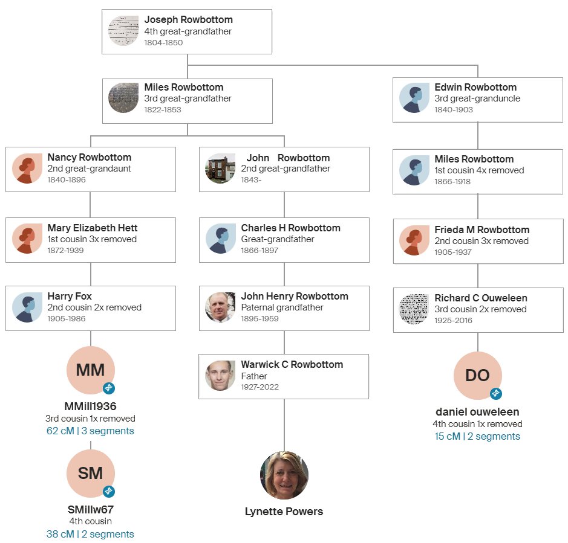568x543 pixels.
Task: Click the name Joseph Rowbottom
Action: point(188,20)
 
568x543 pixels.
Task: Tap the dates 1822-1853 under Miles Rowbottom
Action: point(162,110)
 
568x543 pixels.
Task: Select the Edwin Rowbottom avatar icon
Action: point(414,98)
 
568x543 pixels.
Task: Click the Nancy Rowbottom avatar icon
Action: point(27,169)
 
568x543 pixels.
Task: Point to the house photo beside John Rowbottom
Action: point(221,169)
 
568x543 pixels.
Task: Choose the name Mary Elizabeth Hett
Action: point(93,228)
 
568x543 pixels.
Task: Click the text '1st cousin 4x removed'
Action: point(479,170)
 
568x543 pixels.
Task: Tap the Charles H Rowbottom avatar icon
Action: point(221,239)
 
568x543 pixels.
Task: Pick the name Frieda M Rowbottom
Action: point(481,230)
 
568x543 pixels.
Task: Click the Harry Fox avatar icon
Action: point(27,307)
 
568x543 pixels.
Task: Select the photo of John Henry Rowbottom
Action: point(220,307)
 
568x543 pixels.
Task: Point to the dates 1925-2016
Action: point(453,321)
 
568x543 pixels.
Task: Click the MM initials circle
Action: point(91,370)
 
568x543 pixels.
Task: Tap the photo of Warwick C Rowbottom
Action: point(220,376)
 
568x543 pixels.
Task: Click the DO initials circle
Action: point(477,375)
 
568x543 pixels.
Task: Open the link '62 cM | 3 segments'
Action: point(90,431)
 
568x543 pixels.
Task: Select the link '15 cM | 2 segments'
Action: point(477,436)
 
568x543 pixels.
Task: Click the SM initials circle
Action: point(91,474)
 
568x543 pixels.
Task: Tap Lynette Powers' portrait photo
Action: point(284,475)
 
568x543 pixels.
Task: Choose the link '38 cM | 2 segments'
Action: point(90,534)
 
